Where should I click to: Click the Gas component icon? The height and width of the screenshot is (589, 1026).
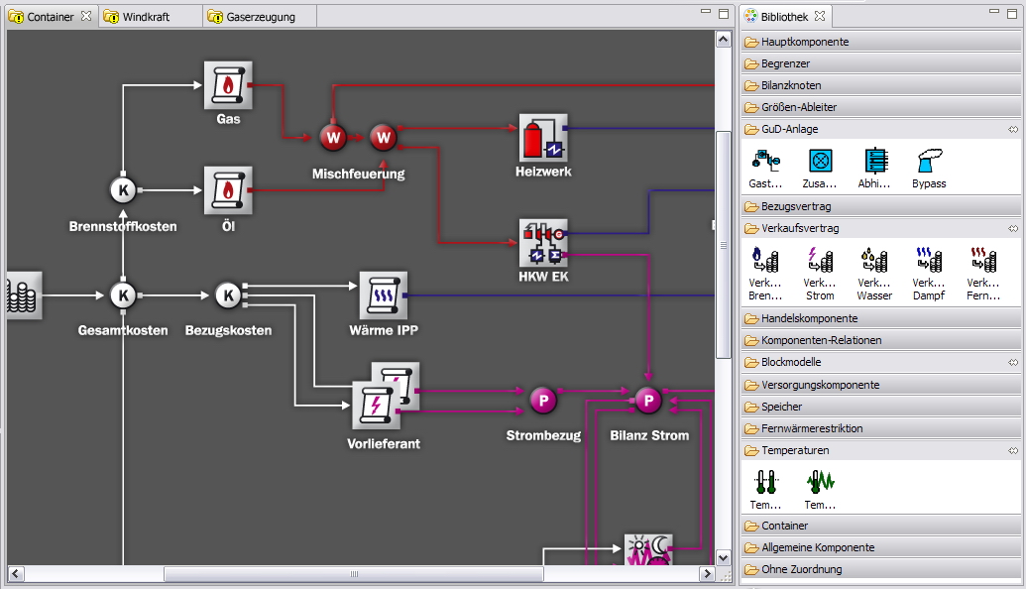228,85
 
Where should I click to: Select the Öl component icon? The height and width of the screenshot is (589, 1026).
228,189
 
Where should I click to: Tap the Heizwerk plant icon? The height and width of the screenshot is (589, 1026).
543,138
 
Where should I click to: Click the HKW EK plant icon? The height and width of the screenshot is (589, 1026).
543,243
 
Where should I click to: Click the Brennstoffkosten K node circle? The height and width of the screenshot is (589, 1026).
123,189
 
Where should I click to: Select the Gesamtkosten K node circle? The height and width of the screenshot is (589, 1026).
123,295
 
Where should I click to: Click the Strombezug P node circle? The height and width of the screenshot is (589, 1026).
543,401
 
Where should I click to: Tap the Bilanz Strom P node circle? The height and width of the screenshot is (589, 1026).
648,401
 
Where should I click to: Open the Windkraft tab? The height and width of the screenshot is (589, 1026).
146,17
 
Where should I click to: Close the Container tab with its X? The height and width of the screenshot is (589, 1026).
86,17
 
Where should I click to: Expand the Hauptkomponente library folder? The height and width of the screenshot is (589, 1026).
805,42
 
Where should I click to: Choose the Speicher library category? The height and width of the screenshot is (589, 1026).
782,407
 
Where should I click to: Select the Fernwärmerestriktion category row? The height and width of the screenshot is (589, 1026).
812,428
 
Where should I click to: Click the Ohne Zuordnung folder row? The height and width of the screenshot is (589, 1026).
802,569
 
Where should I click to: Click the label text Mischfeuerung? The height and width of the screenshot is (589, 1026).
358,174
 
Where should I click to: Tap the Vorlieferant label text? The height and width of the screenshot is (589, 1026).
384,443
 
